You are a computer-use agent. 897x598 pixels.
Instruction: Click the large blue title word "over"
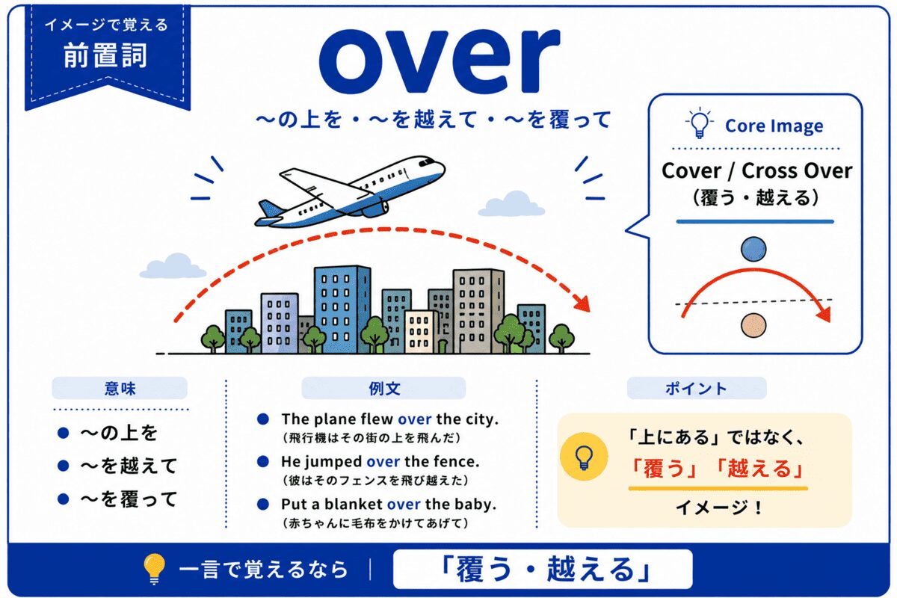(440, 61)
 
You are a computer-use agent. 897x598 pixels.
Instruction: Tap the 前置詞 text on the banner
(105, 55)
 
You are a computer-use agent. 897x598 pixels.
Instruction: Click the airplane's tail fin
(271, 209)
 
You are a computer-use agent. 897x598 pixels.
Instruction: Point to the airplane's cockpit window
(427, 162)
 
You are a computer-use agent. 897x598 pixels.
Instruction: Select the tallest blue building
(342, 309)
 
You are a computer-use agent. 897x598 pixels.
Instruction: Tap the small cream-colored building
(420, 332)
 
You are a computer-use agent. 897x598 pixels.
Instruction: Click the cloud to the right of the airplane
(511, 204)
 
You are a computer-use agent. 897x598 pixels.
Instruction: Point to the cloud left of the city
(173, 266)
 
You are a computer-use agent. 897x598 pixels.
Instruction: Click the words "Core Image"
(774, 126)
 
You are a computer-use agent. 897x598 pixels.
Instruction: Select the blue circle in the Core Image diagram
(753, 249)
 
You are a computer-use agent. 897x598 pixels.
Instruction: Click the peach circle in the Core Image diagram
(753, 325)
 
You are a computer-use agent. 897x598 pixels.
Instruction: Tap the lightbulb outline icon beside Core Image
(699, 123)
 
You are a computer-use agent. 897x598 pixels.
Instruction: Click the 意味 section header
(120, 388)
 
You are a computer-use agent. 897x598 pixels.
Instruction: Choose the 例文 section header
(383, 388)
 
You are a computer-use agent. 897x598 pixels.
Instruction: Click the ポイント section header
(697, 388)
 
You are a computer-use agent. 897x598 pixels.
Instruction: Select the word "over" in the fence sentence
(383, 462)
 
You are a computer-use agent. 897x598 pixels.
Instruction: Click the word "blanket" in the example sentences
(353, 504)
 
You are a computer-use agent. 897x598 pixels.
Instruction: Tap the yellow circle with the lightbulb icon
(584, 457)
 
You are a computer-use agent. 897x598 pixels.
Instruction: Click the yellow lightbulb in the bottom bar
(155, 568)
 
